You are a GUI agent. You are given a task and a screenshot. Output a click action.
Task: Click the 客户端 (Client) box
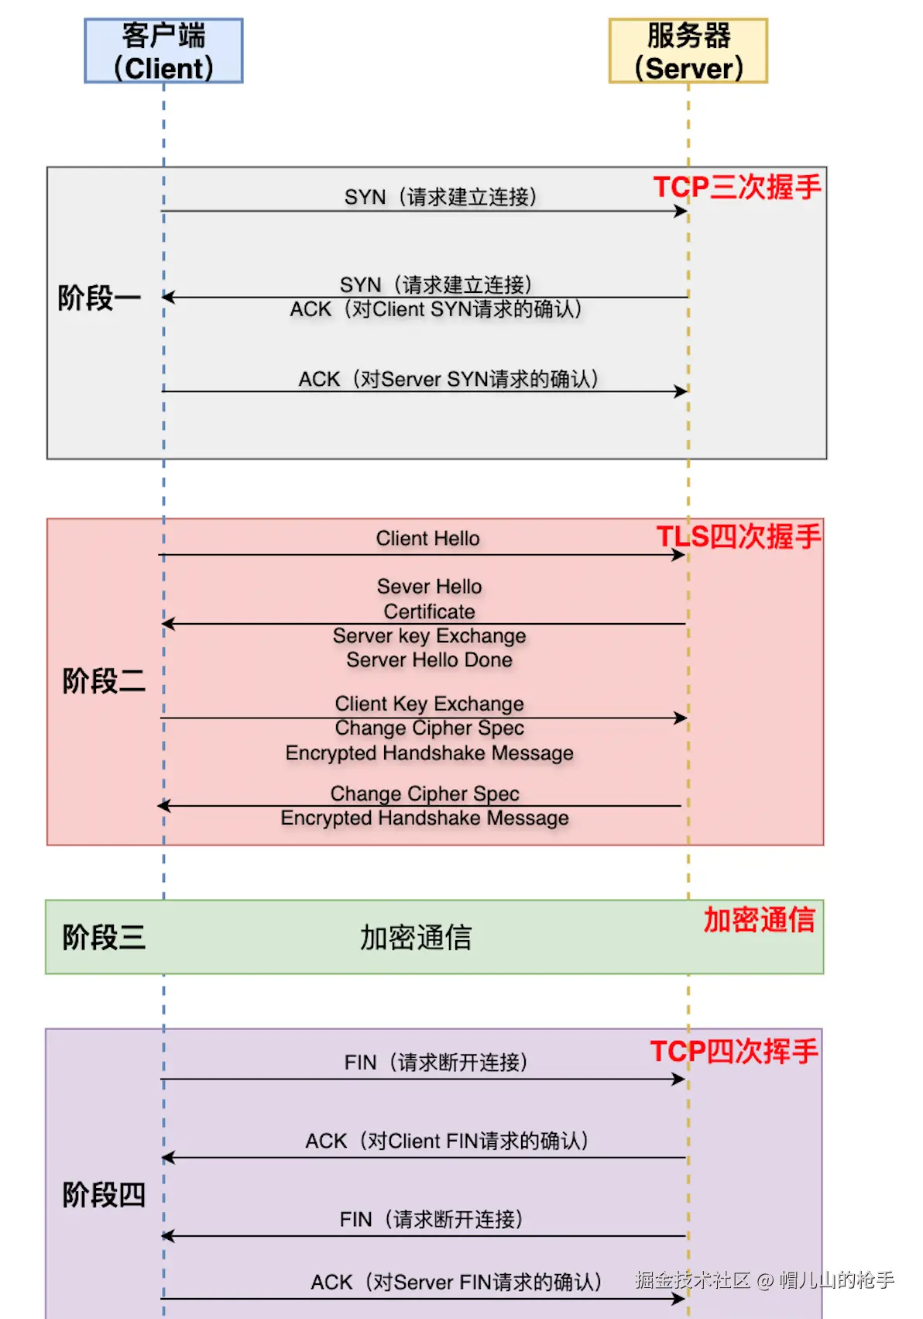tap(163, 51)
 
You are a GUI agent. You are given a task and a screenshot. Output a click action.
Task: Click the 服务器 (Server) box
tap(688, 51)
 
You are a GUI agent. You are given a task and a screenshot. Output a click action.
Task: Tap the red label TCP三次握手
tap(736, 188)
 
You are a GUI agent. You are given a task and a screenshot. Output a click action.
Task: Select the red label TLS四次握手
tap(738, 536)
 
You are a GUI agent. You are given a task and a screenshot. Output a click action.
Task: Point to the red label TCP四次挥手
tap(733, 1052)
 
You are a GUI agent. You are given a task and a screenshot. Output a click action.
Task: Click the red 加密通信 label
tap(759, 920)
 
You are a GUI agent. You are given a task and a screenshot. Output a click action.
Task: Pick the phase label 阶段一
tap(99, 298)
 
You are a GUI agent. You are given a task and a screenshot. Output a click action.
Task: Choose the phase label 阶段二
tap(104, 681)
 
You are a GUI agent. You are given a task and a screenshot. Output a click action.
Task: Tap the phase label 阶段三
tap(104, 937)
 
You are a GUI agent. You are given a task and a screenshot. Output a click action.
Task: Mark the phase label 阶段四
tap(104, 1194)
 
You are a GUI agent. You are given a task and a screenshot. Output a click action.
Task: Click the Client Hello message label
tap(427, 539)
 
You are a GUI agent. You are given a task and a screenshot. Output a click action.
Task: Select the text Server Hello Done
tap(429, 660)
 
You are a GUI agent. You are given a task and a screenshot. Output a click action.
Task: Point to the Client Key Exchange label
tap(429, 704)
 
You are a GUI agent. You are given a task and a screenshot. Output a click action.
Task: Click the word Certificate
tap(429, 611)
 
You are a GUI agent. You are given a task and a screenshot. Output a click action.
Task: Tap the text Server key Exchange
tap(429, 636)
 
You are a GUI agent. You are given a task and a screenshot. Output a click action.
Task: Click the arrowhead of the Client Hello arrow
tap(679, 555)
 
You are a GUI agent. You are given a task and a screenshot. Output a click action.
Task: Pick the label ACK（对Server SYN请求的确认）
tap(448, 379)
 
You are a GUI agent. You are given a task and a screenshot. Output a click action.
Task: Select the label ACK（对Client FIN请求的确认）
tap(447, 1141)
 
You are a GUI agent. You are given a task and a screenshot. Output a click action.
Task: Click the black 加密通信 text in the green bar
tap(416, 938)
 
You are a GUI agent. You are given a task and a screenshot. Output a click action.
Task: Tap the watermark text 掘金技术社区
tap(692, 1279)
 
